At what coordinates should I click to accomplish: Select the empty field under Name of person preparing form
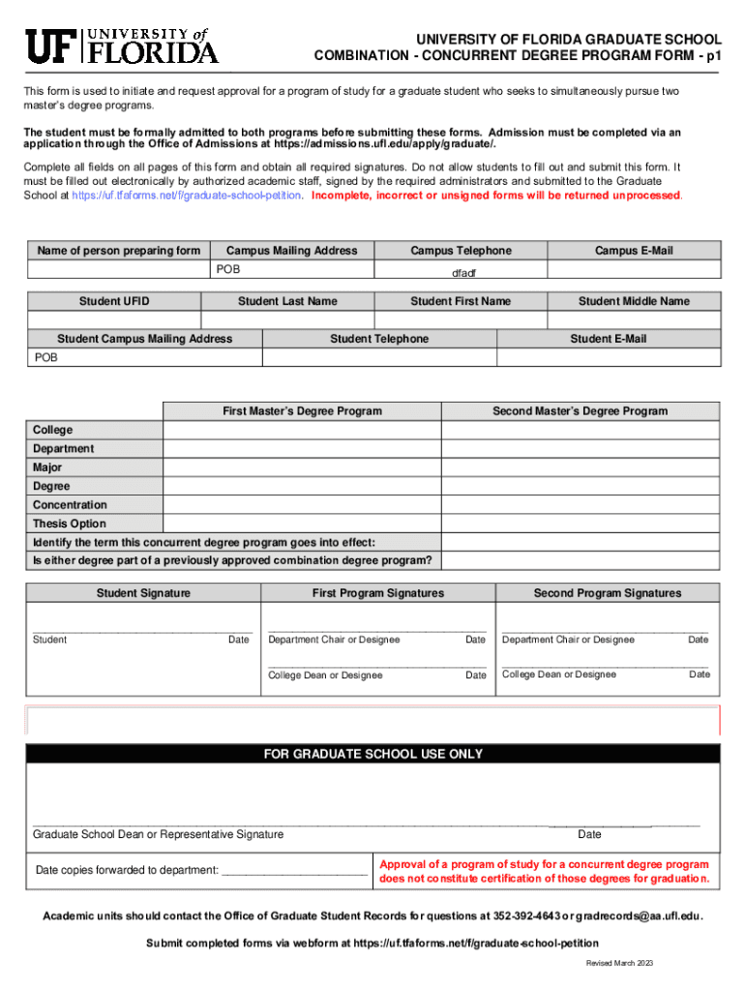click(118, 270)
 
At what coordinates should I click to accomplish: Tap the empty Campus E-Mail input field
click(634, 270)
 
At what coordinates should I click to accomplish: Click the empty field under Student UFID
click(113, 320)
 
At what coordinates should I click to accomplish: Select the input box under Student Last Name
click(287, 320)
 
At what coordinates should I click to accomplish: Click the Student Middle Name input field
click(634, 320)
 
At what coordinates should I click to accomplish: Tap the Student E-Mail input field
click(608, 357)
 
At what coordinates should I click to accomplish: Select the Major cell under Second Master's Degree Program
click(581, 467)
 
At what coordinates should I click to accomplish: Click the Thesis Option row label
click(70, 524)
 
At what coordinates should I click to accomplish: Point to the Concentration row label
click(70, 505)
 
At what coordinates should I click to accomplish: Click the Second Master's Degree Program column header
click(580, 411)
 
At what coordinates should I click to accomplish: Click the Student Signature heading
click(143, 593)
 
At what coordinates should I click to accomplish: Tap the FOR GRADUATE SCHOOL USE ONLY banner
click(372, 754)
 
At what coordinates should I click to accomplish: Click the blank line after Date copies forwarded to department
click(294, 871)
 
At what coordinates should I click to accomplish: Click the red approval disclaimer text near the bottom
click(544, 871)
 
